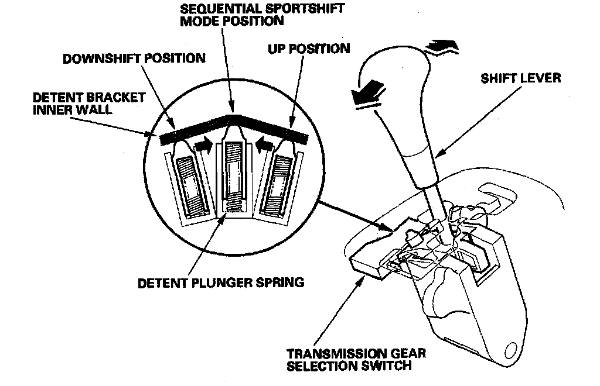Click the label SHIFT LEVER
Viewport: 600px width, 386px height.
(x=520, y=77)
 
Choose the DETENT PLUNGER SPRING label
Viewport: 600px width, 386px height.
(x=221, y=283)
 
